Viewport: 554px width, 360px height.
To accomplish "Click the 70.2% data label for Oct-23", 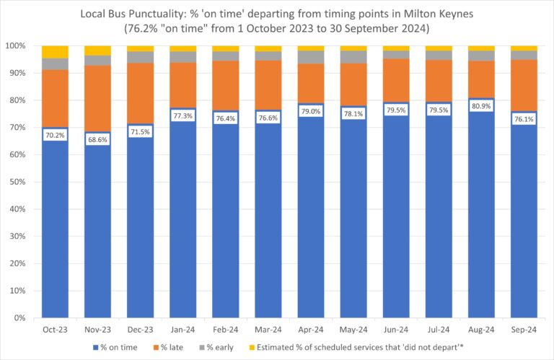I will [55, 133].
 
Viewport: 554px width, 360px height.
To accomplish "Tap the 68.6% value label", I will [97, 138].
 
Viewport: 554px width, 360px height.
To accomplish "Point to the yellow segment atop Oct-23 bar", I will [55, 51].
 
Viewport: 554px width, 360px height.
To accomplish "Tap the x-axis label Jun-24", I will [396, 328].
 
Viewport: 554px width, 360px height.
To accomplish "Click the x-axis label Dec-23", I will [140, 328].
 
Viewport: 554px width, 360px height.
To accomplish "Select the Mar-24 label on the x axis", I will [268, 328].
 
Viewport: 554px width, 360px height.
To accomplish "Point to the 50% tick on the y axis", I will [19, 182].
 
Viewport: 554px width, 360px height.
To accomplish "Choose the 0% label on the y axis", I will [22, 317].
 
